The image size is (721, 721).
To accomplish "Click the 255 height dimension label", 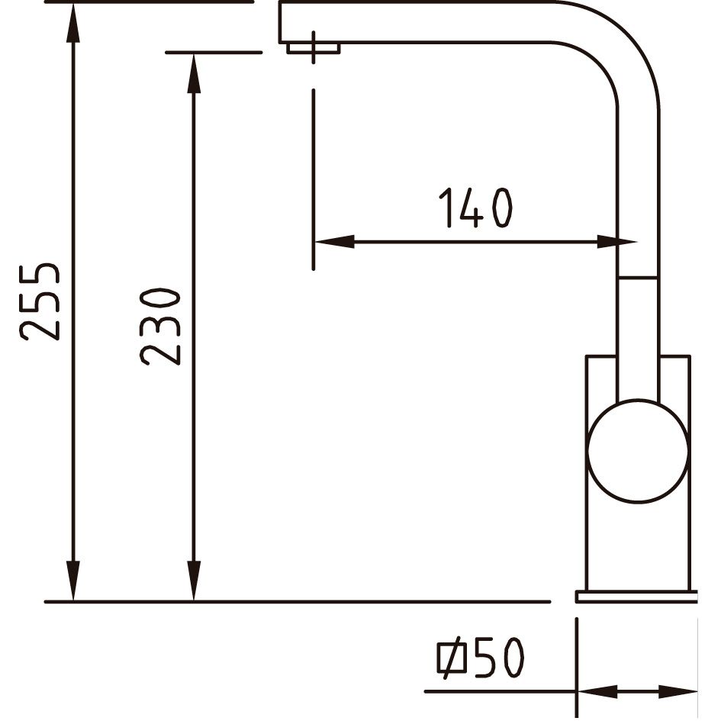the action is tap(40, 301).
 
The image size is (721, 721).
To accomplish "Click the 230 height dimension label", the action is tap(160, 327).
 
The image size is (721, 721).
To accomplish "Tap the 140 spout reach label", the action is tap(475, 208).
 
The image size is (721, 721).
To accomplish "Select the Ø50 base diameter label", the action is tap(480, 657).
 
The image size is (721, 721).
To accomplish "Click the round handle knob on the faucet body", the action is tap(638, 451).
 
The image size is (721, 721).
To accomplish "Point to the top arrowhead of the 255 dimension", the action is tap(73, 22).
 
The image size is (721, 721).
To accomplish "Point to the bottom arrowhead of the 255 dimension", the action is tap(73, 581).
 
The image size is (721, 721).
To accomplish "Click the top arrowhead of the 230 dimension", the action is tap(195, 72).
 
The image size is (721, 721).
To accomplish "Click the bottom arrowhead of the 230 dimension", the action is tap(195, 581).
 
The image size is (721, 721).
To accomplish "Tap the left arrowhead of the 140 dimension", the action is tap(334, 241).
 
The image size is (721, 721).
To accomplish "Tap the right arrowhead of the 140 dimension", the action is tap(616, 241).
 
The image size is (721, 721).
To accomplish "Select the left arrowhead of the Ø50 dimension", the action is tap(597, 691).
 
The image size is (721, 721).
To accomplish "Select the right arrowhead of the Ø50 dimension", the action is tap(678, 691).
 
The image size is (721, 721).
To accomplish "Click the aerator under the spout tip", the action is tap(313, 48).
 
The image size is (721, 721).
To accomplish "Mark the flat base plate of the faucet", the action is tap(637, 597).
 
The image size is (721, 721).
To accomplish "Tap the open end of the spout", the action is tap(279, 22).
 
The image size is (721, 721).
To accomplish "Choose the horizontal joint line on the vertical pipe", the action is tap(639, 278).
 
